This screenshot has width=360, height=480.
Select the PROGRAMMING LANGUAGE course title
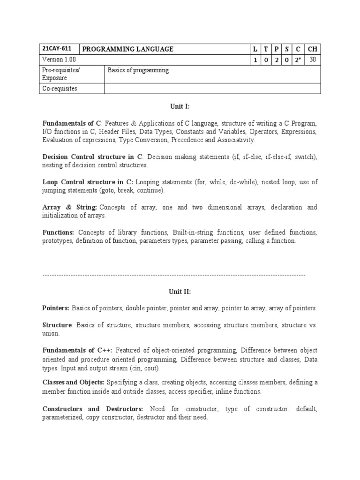(x=128, y=49)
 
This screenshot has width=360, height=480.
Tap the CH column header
(x=313, y=49)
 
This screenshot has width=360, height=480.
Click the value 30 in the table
(x=313, y=60)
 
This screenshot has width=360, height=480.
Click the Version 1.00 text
(x=59, y=60)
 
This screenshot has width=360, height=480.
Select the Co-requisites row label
(x=60, y=88)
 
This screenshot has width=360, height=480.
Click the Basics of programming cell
(x=138, y=70)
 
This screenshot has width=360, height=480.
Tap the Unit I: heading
(x=180, y=106)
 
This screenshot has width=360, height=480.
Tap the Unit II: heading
(x=180, y=292)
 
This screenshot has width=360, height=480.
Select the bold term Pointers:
(x=56, y=308)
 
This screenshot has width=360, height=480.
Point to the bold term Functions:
(x=58, y=232)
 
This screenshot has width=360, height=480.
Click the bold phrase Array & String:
(x=69, y=207)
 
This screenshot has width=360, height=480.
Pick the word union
(x=51, y=333)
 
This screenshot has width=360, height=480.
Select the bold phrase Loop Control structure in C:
(x=88, y=182)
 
